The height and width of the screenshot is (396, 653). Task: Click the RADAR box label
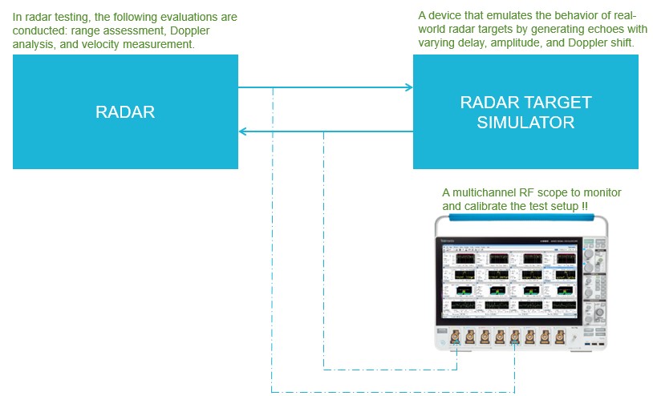click(125, 112)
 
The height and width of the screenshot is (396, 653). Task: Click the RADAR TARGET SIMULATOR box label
click(525, 112)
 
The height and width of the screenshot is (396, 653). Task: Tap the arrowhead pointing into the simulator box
click(408, 87)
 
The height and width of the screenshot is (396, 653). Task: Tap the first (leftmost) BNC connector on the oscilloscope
click(455, 337)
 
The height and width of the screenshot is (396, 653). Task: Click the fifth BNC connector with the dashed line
click(514, 337)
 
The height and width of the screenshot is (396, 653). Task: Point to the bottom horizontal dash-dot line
click(393, 392)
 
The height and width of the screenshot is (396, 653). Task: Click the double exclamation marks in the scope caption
click(585, 206)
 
